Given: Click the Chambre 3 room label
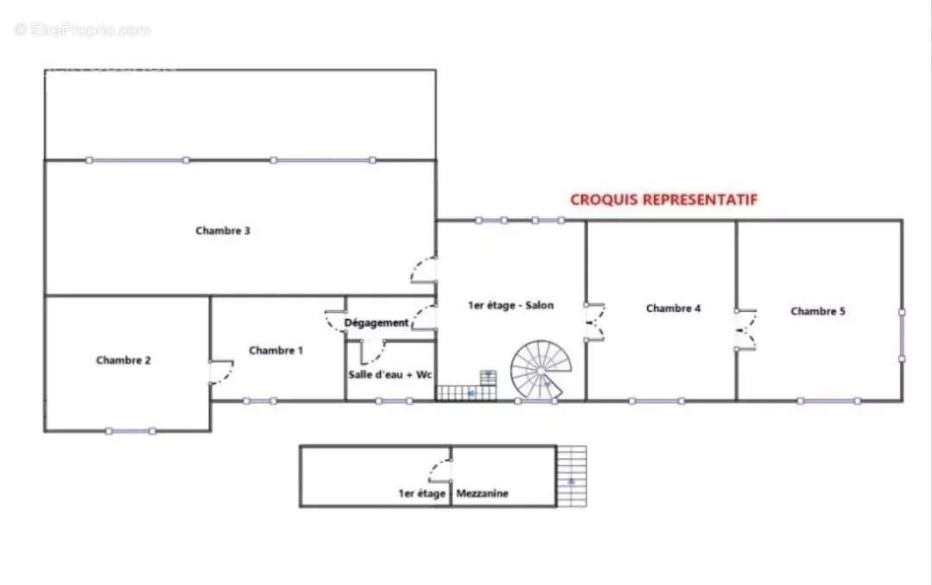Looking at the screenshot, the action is pyautogui.click(x=222, y=231).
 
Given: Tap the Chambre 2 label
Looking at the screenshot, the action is pyautogui.click(x=123, y=360).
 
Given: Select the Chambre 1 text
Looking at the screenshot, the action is pyautogui.click(x=276, y=351).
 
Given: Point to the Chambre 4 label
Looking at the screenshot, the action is pyautogui.click(x=673, y=308).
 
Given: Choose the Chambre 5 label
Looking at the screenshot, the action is pyautogui.click(x=817, y=312).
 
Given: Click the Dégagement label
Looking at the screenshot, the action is pyautogui.click(x=377, y=323).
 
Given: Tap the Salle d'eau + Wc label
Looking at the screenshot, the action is pyautogui.click(x=390, y=374).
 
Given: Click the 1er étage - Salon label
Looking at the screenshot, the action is pyautogui.click(x=510, y=306).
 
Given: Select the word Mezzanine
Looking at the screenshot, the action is pyautogui.click(x=482, y=493).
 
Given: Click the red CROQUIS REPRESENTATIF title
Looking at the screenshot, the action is pyautogui.click(x=664, y=200).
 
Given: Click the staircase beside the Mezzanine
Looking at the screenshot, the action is pyautogui.click(x=571, y=476).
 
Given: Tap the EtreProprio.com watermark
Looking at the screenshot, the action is pyautogui.click(x=83, y=29).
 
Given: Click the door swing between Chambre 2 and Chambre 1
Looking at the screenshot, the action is pyautogui.click(x=222, y=372).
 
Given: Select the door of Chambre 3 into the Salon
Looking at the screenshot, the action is pyautogui.click(x=424, y=270).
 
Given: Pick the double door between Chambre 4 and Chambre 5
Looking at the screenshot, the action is pyautogui.click(x=745, y=330).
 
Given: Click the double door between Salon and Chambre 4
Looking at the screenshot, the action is pyautogui.click(x=595, y=322).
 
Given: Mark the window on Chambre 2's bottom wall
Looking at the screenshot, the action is pyautogui.click(x=130, y=431).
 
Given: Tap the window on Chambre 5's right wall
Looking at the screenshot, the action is pyautogui.click(x=902, y=336).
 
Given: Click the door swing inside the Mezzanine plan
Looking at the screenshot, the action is pyautogui.click(x=440, y=470).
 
